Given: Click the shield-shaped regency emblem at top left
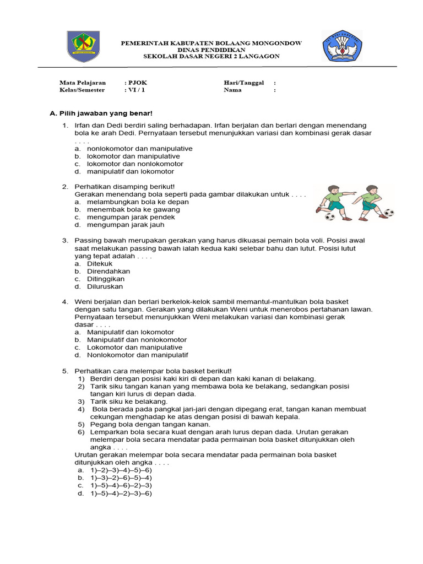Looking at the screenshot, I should (84, 47).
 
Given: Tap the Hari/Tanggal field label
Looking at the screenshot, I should (243, 83).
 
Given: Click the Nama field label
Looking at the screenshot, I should (233, 90).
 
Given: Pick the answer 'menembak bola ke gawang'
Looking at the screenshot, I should (130, 209).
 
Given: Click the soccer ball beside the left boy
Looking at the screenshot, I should (330, 216).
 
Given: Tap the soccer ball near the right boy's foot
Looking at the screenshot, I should (389, 213).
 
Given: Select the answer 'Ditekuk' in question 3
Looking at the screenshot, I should (100, 264).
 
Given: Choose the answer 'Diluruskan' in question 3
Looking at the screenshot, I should (105, 286).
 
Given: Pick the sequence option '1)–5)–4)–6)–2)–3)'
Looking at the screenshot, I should (119, 486).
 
